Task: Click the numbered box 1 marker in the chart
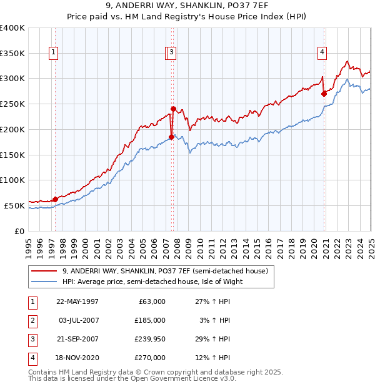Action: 54,53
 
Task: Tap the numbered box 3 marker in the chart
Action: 171,53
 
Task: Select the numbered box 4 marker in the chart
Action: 322,53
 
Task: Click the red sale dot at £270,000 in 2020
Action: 324,94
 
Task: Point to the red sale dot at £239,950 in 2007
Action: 173,109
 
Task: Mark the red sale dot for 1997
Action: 55,199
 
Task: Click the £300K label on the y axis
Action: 12,79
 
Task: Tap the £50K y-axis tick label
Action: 15,205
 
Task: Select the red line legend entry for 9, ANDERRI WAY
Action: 165,271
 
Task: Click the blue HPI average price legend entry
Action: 152,282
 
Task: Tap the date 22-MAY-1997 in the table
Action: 77,301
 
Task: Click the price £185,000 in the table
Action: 149,320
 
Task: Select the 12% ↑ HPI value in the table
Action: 212,358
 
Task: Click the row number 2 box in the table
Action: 31,320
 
